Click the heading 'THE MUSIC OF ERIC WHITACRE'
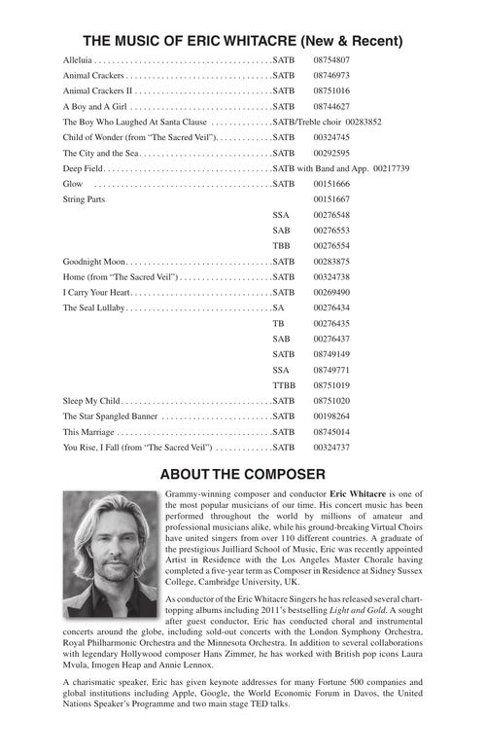click(242, 42)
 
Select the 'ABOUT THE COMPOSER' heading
click(242, 474)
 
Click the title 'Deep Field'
click(83, 168)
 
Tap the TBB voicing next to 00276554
click(282, 245)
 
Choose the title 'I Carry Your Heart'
click(96, 292)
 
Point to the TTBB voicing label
click(284, 385)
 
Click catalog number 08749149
click(331, 354)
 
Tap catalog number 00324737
click(331, 448)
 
